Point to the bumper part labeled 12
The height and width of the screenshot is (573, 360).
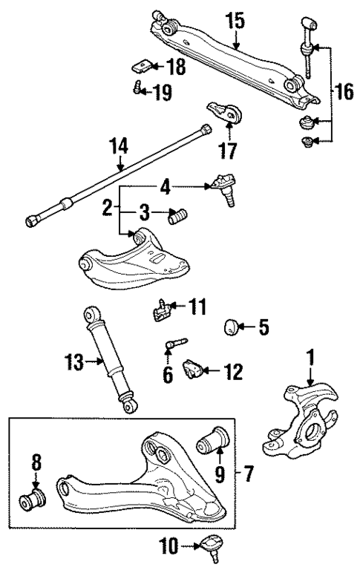click(x=194, y=367)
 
